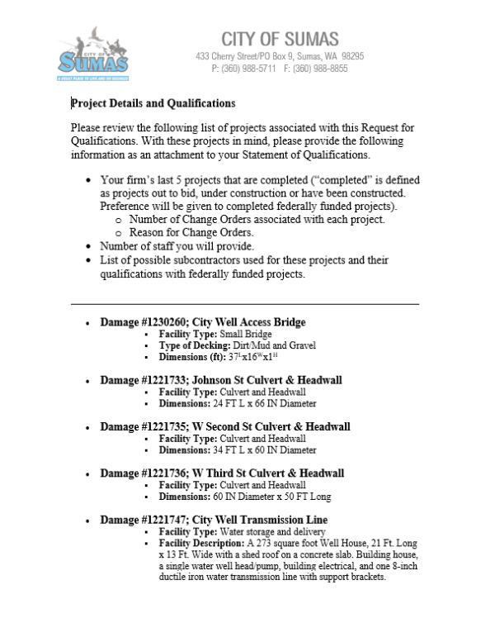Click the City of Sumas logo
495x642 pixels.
(x=92, y=55)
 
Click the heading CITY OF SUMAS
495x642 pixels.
(x=280, y=39)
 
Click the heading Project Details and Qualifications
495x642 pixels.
(x=153, y=104)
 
